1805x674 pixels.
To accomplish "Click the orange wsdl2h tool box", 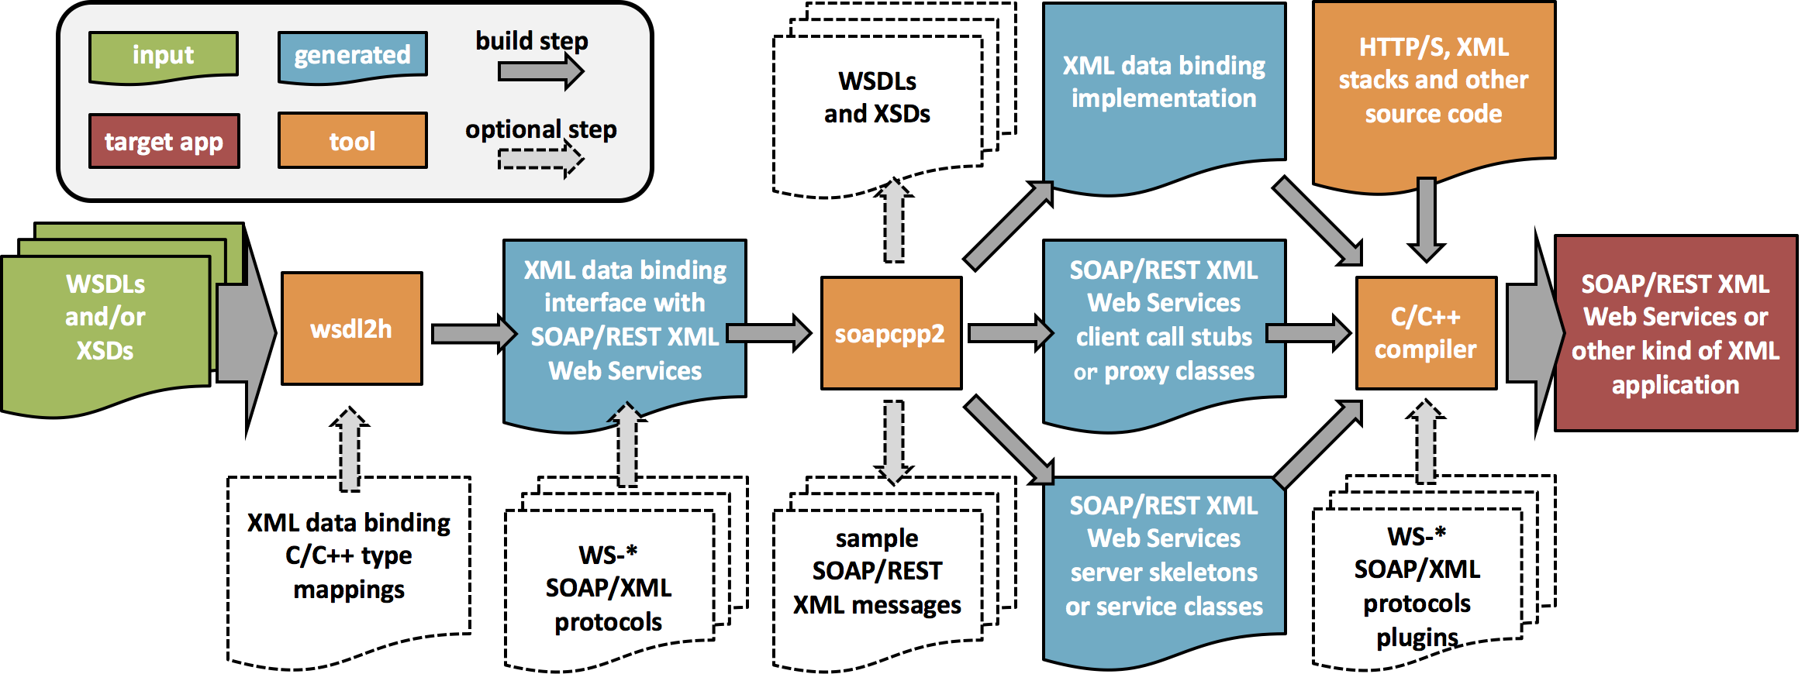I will (x=351, y=328).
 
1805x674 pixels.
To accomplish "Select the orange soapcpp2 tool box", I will (x=891, y=333).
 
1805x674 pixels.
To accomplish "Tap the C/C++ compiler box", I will (x=1426, y=333).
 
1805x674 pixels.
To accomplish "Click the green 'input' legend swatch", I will (x=163, y=55).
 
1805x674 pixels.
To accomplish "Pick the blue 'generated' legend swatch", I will (x=352, y=55).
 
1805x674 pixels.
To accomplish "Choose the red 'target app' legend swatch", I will (x=164, y=141).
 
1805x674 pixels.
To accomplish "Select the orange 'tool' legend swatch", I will (x=352, y=140).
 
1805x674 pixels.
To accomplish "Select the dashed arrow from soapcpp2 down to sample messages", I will (x=894, y=442).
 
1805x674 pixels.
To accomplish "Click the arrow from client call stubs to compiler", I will (x=1309, y=333).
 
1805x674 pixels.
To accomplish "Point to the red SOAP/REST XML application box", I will (x=1676, y=333).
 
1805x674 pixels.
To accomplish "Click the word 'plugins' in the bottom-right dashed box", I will (x=1417, y=638).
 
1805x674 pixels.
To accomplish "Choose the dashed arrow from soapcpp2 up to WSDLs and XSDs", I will (x=894, y=221).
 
